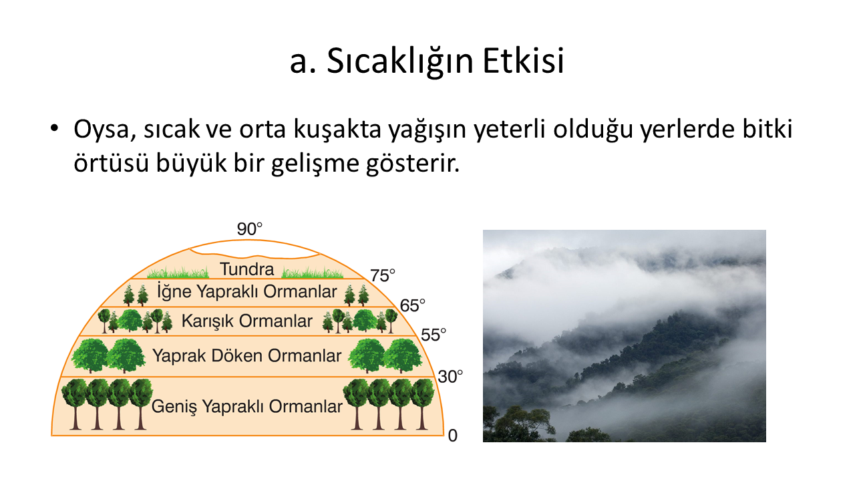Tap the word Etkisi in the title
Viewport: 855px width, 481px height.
click(x=523, y=61)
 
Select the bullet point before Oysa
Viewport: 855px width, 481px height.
click(x=54, y=128)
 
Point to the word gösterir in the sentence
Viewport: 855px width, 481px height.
click(x=413, y=163)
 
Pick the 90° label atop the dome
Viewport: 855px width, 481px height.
click(x=250, y=229)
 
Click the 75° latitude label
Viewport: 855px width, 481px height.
click(x=383, y=276)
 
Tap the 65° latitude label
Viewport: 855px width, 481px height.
click(x=412, y=305)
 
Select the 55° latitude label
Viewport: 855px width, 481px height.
click(x=434, y=335)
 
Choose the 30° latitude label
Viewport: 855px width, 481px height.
click(x=450, y=376)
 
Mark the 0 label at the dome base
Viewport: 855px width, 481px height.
click(x=453, y=436)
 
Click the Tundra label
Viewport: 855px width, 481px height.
click(x=247, y=269)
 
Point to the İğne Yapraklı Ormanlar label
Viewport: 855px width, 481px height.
click(x=247, y=291)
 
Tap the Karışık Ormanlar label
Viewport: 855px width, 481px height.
click(x=247, y=321)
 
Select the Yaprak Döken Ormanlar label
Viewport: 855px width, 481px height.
click(x=247, y=355)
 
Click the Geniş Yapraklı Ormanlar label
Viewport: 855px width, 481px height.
click(x=247, y=407)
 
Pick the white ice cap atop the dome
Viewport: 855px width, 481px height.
click(x=254, y=249)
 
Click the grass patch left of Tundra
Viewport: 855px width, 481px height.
click(x=178, y=273)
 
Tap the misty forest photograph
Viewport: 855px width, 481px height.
click(x=625, y=336)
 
